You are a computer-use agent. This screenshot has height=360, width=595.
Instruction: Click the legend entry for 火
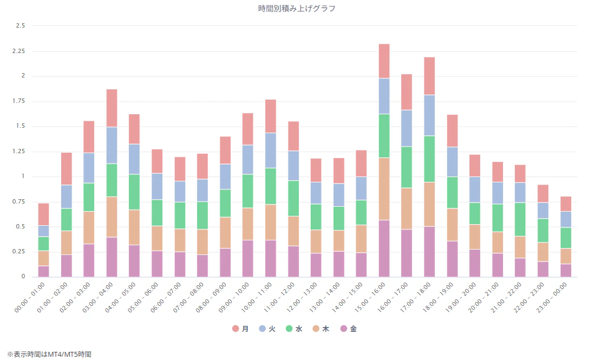click(x=267, y=329)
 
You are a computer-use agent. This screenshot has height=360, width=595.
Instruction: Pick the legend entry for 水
click(x=293, y=329)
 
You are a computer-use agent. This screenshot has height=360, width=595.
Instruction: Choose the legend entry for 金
click(x=348, y=329)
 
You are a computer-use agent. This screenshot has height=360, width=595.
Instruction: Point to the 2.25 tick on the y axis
click(x=18, y=51)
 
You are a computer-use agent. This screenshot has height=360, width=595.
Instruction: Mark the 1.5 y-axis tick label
click(x=21, y=126)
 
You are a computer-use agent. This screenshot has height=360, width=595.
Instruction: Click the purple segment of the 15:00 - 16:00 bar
click(x=384, y=248)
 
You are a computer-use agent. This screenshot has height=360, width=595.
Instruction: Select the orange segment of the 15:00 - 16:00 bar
click(x=384, y=189)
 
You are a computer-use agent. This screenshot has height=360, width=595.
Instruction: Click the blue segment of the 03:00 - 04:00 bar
click(x=112, y=145)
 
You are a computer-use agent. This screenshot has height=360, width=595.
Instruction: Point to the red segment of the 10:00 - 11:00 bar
click(x=271, y=116)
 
